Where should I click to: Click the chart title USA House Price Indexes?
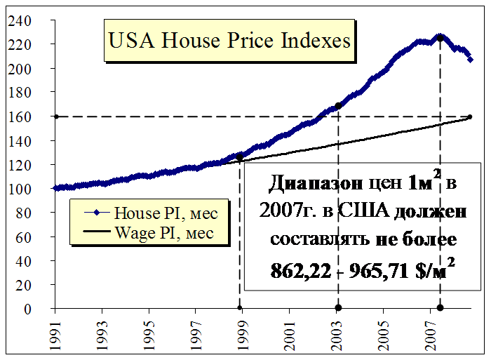(229, 41)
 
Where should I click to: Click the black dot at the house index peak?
(440, 37)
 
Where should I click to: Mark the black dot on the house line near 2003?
(338, 106)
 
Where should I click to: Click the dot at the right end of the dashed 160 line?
(470, 116)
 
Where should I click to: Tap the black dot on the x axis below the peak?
(440, 308)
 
